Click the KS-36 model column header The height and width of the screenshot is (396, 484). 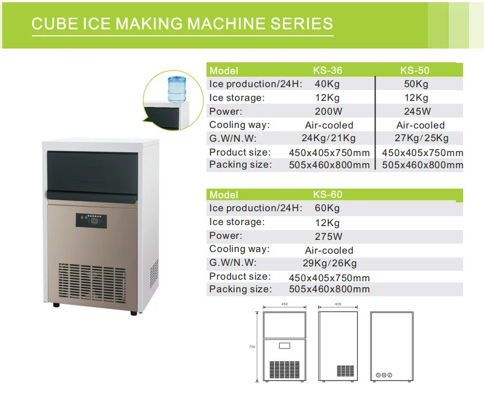click(x=328, y=71)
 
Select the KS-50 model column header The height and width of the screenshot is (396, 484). click(x=415, y=71)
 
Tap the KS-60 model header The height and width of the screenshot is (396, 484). click(x=328, y=195)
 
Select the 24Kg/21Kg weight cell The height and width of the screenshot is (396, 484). click(x=329, y=138)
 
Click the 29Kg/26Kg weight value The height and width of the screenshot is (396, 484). click(x=329, y=263)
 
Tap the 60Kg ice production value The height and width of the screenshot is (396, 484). click(x=327, y=208)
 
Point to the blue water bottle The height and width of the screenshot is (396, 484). click(x=177, y=88)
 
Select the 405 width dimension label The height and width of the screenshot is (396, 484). click(x=338, y=304)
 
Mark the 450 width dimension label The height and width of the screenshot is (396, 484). click(x=285, y=304)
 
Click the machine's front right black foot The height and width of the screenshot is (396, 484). click(x=134, y=313)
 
